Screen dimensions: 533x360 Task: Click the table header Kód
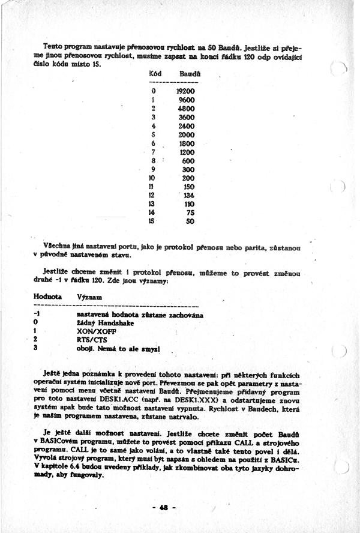coord(155,73)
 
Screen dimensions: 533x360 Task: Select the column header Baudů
coord(188,73)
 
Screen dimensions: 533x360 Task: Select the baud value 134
coord(189,196)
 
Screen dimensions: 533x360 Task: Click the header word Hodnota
coord(47,297)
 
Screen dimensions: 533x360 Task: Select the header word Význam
coord(89,297)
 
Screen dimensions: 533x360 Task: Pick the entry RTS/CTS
coord(92,339)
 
